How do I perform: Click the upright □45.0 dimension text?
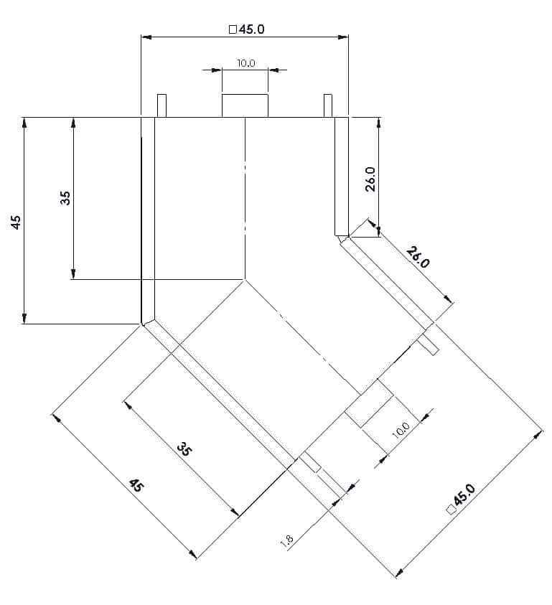(247, 29)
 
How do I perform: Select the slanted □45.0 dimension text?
(461, 498)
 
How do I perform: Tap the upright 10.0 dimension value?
(246, 63)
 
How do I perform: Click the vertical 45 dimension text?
(16, 222)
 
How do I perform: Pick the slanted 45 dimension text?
(136, 485)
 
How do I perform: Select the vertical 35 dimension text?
(65, 198)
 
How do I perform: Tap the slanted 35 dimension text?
(184, 449)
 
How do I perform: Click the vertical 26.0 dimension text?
(370, 179)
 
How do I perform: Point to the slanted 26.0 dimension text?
(418, 258)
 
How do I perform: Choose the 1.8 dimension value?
(287, 540)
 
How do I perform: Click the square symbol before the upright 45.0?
(233, 29)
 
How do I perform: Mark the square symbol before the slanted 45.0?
(451, 510)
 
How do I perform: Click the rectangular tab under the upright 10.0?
(245, 105)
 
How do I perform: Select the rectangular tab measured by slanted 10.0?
(369, 403)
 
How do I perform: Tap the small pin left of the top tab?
(162, 105)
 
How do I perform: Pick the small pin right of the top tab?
(328, 105)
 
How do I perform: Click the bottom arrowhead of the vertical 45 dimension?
(24, 318)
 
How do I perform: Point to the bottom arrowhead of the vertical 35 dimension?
(73, 273)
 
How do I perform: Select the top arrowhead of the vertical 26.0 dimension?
(379, 123)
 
